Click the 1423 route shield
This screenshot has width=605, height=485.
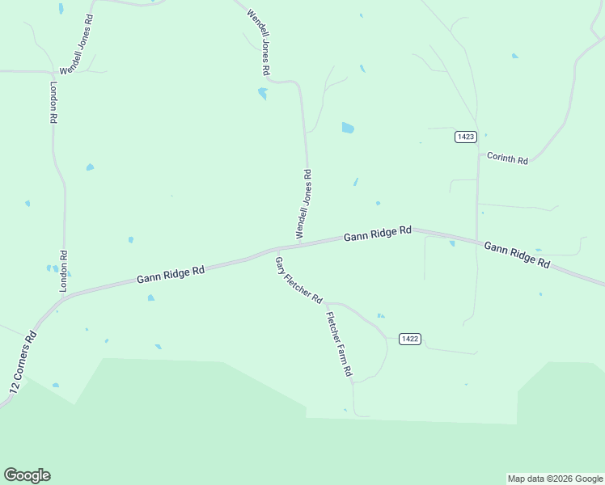(x=465, y=137)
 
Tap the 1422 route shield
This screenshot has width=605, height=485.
(x=410, y=339)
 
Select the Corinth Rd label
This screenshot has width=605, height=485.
(x=507, y=159)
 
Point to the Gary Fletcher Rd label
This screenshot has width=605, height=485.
(x=298, y=280)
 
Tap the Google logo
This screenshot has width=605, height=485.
(x=27, y=475)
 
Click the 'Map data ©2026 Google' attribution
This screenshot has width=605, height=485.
(x=555, y=479)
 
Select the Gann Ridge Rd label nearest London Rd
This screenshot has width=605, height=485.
(x=170, y=275)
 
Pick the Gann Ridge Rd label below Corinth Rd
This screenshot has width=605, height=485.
(x=517, y=255)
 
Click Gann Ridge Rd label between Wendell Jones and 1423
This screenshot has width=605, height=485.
(x=378, y=234)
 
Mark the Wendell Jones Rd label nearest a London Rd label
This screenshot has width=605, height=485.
(x=78, y=44)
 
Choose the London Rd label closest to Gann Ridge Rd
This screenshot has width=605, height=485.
(x=63, y=270)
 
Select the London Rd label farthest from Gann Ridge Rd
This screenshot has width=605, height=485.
(x=53, y=102)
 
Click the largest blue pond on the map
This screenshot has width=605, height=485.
(x=348, y=128)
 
